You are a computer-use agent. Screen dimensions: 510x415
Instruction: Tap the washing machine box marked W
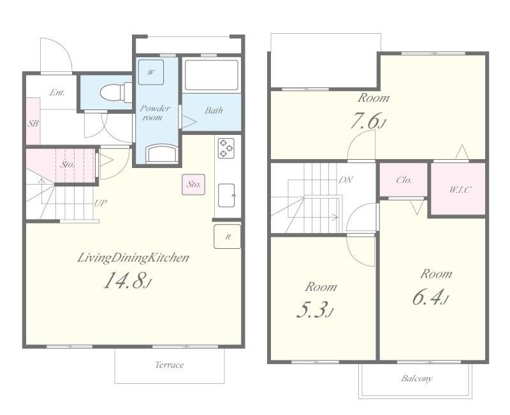151,73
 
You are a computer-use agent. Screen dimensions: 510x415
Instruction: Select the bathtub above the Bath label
212,75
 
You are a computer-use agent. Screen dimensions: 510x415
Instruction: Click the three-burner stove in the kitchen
226,148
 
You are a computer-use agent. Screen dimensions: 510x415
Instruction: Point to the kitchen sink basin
226,195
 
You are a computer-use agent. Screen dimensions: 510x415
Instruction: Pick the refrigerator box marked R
228,237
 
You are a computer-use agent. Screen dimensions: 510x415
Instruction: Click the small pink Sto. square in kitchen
194,185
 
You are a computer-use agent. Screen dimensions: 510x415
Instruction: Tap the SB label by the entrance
33,123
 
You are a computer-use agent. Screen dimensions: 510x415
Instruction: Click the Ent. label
57,92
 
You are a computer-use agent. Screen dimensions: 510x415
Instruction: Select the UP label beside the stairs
101,203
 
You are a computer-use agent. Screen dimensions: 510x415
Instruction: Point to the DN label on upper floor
345,180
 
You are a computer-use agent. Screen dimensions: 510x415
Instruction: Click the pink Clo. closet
404,179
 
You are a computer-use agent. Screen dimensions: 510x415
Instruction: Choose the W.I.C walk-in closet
458,189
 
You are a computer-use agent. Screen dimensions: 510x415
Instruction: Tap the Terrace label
170,365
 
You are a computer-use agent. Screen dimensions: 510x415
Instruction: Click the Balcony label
417,378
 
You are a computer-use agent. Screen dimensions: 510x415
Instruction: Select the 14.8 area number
124,280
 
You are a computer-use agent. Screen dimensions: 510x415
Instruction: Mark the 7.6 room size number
364,122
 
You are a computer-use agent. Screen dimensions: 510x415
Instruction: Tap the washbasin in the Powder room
162,153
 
